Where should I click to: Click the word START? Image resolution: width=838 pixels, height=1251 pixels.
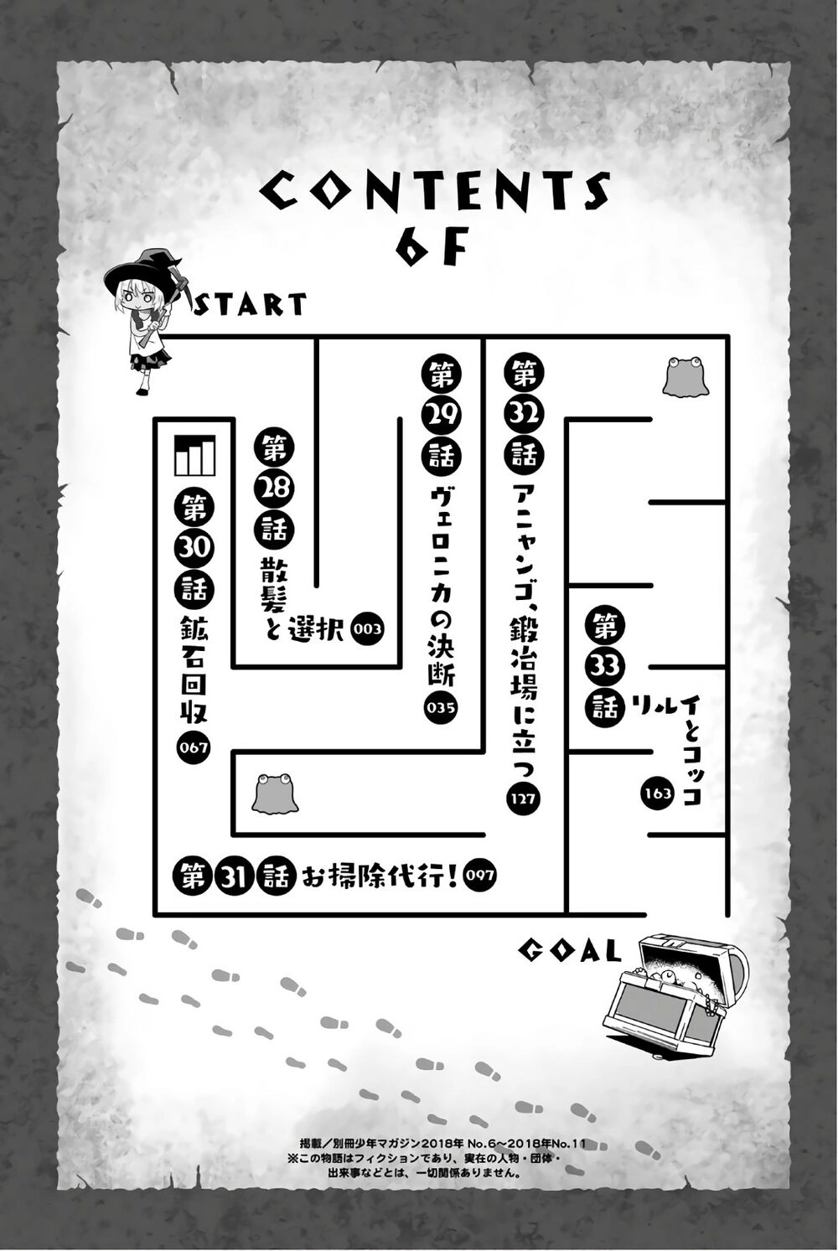(x=251, y=304)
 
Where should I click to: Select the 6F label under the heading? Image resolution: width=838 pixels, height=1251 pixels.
(x=432, y=246)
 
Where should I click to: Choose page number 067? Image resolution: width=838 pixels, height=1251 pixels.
(x=194, y=747)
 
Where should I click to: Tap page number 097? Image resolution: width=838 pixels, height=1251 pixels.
(x=478, y=875)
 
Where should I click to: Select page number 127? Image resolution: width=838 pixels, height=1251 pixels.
(x=522, y=798)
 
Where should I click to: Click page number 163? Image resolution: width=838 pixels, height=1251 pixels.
(x=657, y=793)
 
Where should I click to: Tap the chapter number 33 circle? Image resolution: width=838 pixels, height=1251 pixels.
(x=604, y=665)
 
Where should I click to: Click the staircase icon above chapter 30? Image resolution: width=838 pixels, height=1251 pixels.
(x=194, y=455)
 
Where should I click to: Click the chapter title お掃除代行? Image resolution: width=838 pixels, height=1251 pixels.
(x=380, y=875)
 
